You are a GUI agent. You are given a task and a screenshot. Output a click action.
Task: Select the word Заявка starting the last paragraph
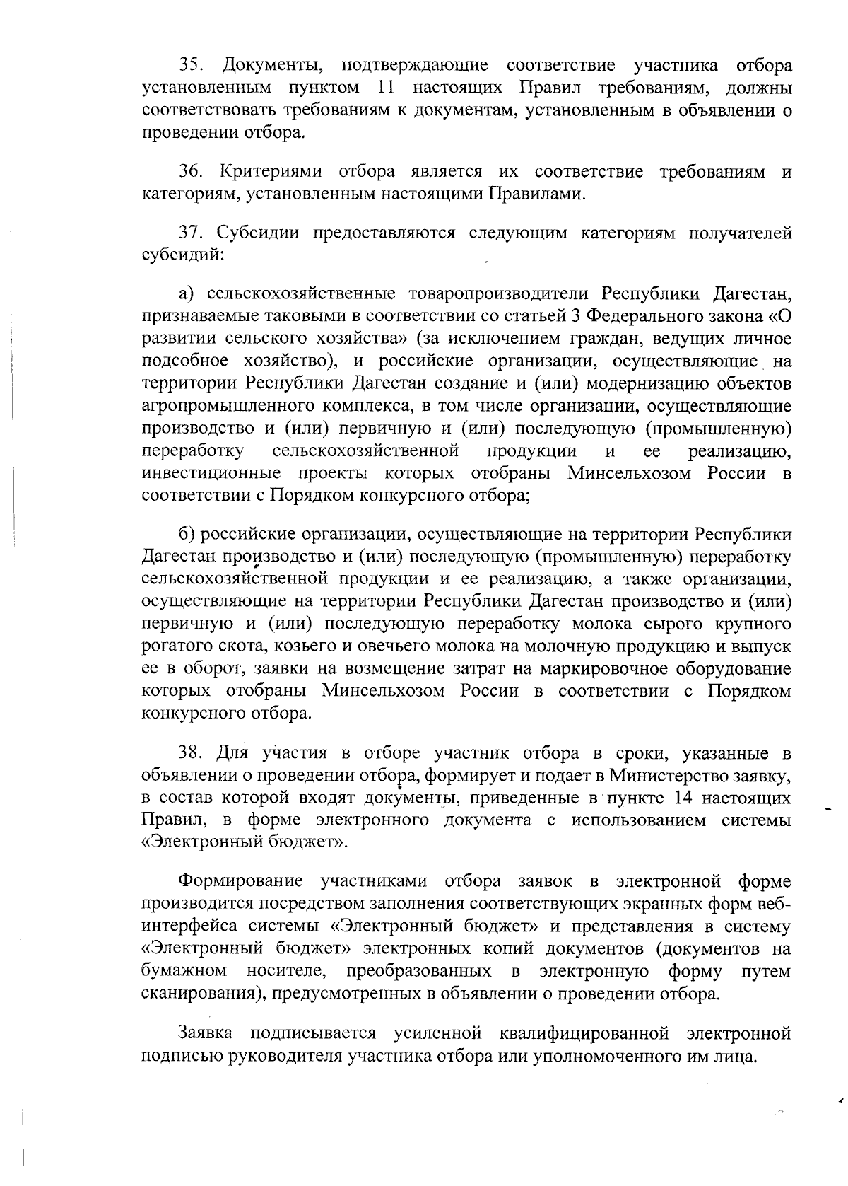[205, 1033]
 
